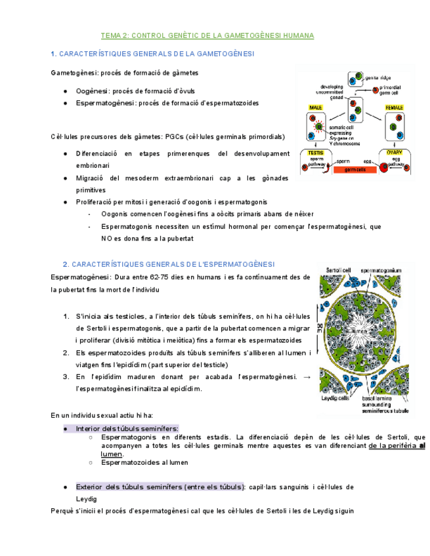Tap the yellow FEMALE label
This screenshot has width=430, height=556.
[x=394, y=107]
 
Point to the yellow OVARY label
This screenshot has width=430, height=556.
[x=395, y=152]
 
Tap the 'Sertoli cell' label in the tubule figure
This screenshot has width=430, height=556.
[x=335, y=269]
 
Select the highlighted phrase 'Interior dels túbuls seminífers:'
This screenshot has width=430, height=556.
[x=126, y=428]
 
